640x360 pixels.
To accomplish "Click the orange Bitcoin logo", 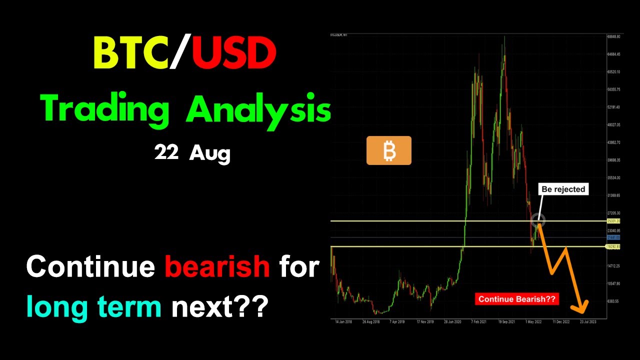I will tap(389, 150).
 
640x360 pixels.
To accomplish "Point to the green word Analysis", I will tap(258, 111).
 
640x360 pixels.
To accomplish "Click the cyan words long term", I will tap(93, 306).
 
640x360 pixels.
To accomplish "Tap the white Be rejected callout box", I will tap(563, 189).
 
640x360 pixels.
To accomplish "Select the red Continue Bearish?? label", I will tap(516, 299).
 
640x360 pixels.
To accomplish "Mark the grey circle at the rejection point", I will tap(538, 219).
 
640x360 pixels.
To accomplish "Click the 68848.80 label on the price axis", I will tap(613, 36).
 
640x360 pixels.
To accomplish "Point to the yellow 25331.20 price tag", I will tap(613, 221).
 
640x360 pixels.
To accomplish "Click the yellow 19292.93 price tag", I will tap(613, 247).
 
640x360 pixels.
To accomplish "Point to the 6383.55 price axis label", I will tap(613, 301).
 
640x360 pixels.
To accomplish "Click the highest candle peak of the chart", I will tap(504, 37).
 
